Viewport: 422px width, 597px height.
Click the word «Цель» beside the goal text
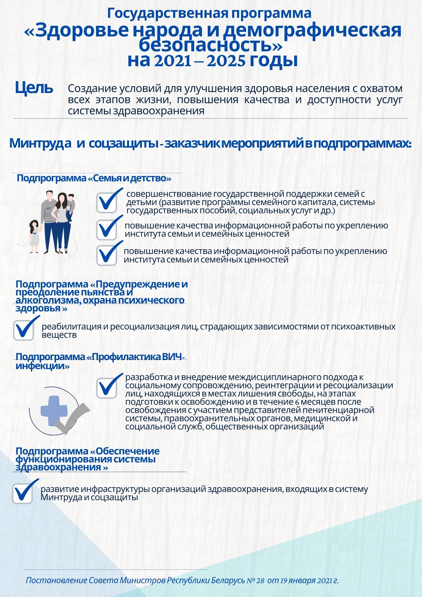tap(34, 88)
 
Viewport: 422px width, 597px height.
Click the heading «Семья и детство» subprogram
tap(94, 178)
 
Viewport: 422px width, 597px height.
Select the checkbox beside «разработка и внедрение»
tap(107, 388)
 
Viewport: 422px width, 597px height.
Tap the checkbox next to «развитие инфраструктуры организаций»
tap(22, 494)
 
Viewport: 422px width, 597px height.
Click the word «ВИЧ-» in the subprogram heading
tap(173, 357)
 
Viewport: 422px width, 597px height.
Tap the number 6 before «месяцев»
tap(297, 402)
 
